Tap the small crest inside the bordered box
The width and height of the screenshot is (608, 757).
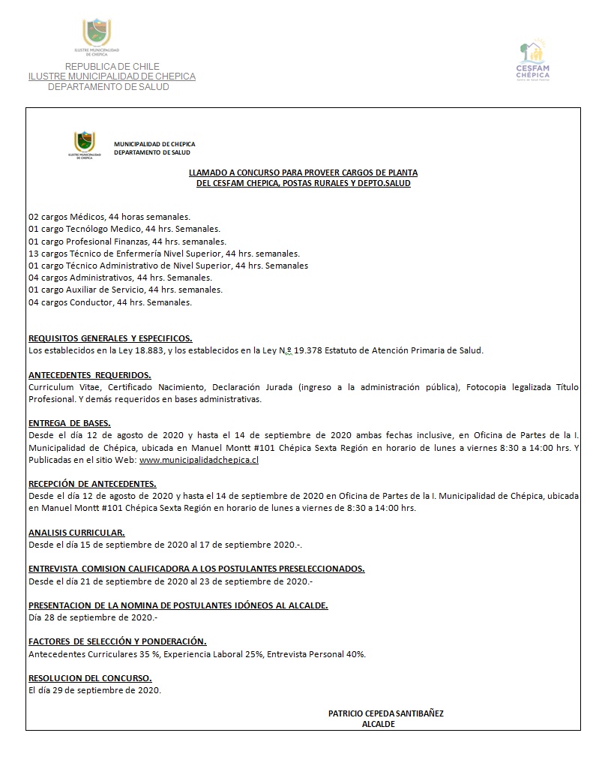coord(84,145)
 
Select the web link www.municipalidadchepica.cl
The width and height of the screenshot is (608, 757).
coord(199,460)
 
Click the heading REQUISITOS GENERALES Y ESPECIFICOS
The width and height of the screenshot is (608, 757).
coord(110,338)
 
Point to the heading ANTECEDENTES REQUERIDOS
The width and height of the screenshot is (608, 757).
coord(89,374)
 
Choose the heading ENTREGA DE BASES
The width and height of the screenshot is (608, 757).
coord(69,423)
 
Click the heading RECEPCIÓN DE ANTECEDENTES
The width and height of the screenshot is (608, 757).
coord(92,484)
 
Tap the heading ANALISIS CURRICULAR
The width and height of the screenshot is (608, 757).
coord(76,532)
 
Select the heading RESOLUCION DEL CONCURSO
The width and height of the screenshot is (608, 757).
coord(90,677)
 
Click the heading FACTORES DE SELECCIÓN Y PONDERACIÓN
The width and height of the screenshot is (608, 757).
coord(117,641)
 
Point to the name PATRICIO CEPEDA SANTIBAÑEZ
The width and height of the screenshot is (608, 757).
coord(385,713)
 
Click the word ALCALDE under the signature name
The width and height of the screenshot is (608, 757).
coord(378,724)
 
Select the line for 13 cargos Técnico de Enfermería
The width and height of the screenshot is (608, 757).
coord(163,254)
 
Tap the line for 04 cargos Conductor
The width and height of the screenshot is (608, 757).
coord(109,302)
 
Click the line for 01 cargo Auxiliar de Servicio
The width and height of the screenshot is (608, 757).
coord(125,290)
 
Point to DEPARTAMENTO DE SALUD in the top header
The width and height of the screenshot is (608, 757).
coord(108,87)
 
